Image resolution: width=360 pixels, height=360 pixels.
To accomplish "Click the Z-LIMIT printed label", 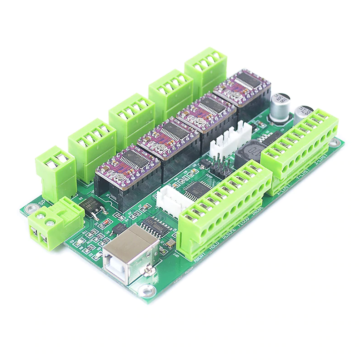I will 321,160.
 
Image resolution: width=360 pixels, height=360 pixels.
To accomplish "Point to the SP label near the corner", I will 42,202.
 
